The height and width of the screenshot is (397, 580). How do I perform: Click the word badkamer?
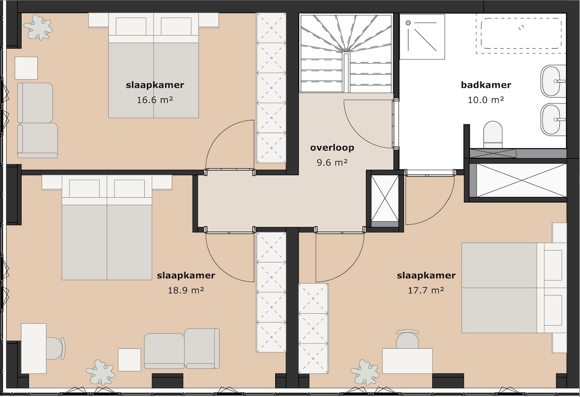[x=486, y=85]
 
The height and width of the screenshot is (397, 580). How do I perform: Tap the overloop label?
[x=332, y=148]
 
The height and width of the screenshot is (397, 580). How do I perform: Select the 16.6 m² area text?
[x=155, y=100]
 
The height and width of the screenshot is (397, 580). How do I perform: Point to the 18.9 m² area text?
[x=186, y=291]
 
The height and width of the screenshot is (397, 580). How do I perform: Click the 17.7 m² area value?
[x=426, y=291]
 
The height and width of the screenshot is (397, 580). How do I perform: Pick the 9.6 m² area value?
[x=332, y=163]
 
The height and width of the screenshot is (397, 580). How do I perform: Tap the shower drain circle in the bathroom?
[x=408, y=23]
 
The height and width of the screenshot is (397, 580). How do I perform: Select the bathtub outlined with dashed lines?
[x=521, y=33]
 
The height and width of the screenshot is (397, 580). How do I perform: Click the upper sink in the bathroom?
[x=552, y=81]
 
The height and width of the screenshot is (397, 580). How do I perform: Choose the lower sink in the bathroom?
[x=552, y=119]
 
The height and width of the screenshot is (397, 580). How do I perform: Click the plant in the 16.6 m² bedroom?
[x=38, y=27]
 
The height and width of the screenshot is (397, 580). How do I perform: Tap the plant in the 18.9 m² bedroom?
[x=100, y=372]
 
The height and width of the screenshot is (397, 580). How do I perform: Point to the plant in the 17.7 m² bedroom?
[x=365, y=372]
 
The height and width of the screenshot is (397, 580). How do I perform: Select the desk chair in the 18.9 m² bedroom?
[x=55, y=348]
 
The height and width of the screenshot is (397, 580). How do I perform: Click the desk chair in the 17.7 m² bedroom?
[x=407, y=340]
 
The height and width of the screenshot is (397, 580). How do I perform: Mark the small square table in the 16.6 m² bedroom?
[x=26, y=68]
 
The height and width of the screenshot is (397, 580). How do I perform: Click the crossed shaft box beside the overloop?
[x=385, y=198]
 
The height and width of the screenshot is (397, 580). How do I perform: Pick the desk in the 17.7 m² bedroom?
[x=407, y=361]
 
